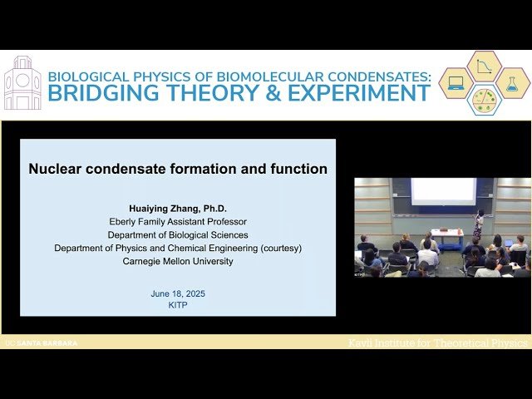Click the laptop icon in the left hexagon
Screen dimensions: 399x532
coord(456,83)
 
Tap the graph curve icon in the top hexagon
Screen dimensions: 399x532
coord(484,66)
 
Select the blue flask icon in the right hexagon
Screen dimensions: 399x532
coord(512,83)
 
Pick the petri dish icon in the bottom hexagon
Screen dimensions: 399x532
coord(484,100)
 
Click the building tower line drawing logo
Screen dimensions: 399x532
coord(22,84)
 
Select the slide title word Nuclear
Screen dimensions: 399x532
coord(60,169)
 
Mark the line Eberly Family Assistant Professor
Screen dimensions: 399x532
coord(178,222)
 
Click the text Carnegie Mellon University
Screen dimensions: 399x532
coord(178,261)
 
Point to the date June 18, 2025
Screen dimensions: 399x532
coord(178,293)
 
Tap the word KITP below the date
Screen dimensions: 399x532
coord(178,305)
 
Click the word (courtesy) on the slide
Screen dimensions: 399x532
coord(272,248)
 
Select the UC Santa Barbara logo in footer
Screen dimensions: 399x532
coord(41,342)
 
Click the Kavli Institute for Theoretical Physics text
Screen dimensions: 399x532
coord(437,342)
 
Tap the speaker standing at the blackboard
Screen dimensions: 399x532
coord(478,223)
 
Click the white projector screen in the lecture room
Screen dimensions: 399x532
coord(443,191)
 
